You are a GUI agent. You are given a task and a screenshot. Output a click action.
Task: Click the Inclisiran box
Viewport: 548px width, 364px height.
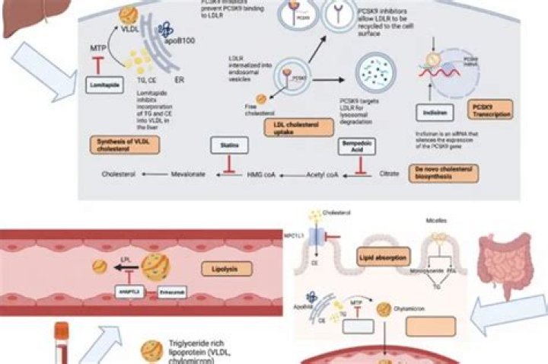431,112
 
